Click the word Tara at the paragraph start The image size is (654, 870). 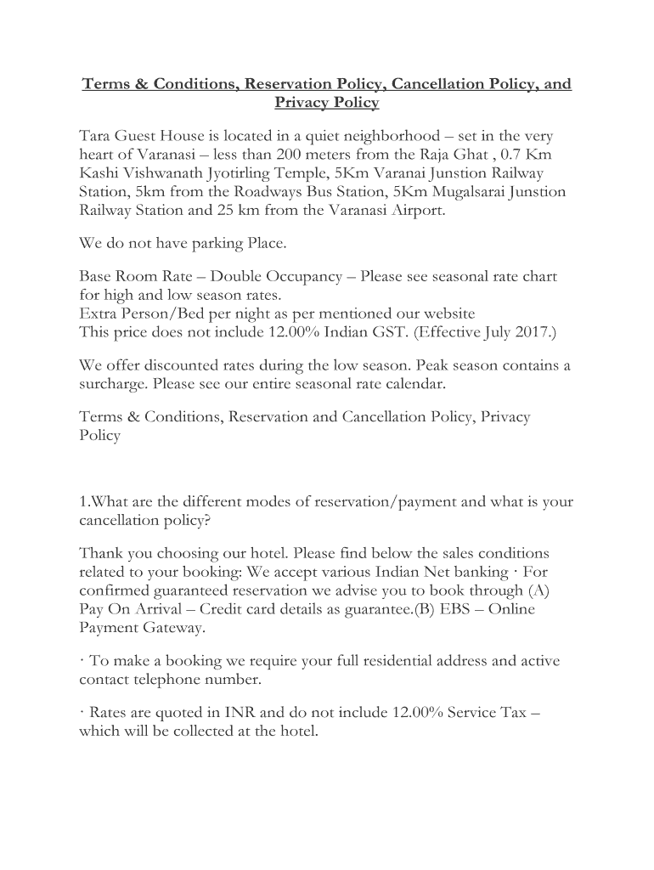pos(94,136)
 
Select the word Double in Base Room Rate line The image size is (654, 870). pos(238,277)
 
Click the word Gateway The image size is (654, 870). pos(177,628)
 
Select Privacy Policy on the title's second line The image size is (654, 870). pos(326,103)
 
